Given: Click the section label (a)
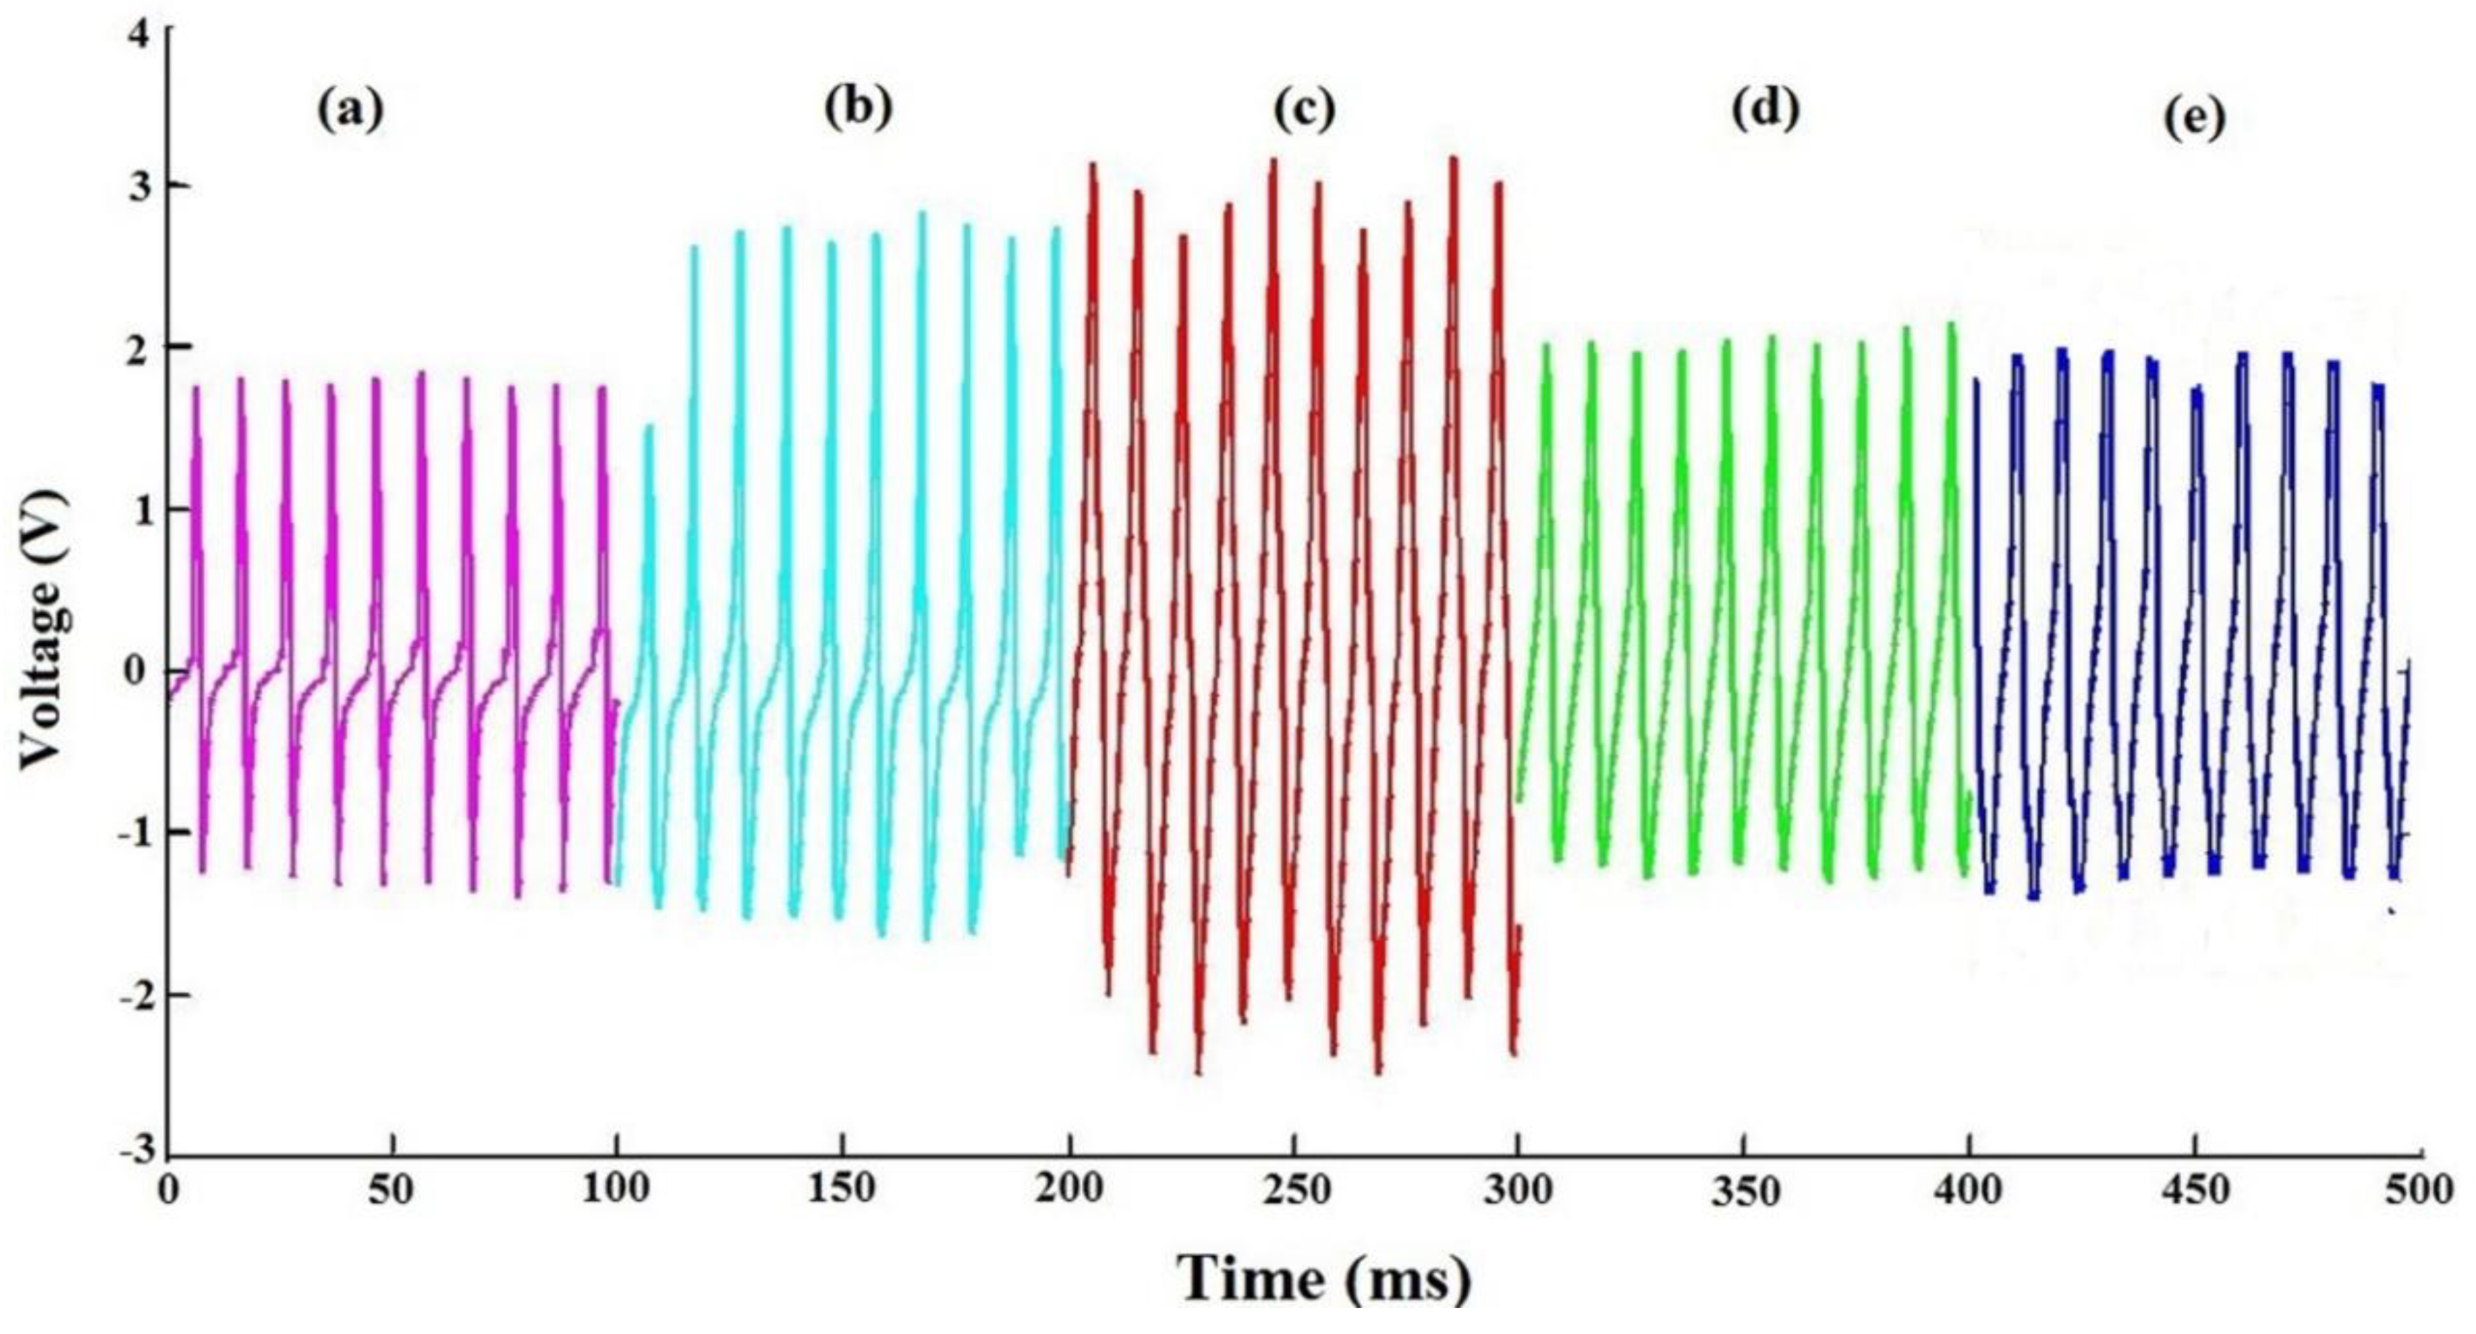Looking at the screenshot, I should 351,111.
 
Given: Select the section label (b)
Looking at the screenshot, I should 858,108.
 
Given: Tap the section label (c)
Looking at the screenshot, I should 1305,111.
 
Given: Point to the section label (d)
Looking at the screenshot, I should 1765,111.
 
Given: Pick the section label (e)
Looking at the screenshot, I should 2194,119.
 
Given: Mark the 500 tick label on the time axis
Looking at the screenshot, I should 2418,1190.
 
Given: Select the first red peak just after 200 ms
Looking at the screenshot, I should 1093,165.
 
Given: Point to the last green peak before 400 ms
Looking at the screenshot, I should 1951,325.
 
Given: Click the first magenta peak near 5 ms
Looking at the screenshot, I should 196,389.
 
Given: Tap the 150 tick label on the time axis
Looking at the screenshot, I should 843,1190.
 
